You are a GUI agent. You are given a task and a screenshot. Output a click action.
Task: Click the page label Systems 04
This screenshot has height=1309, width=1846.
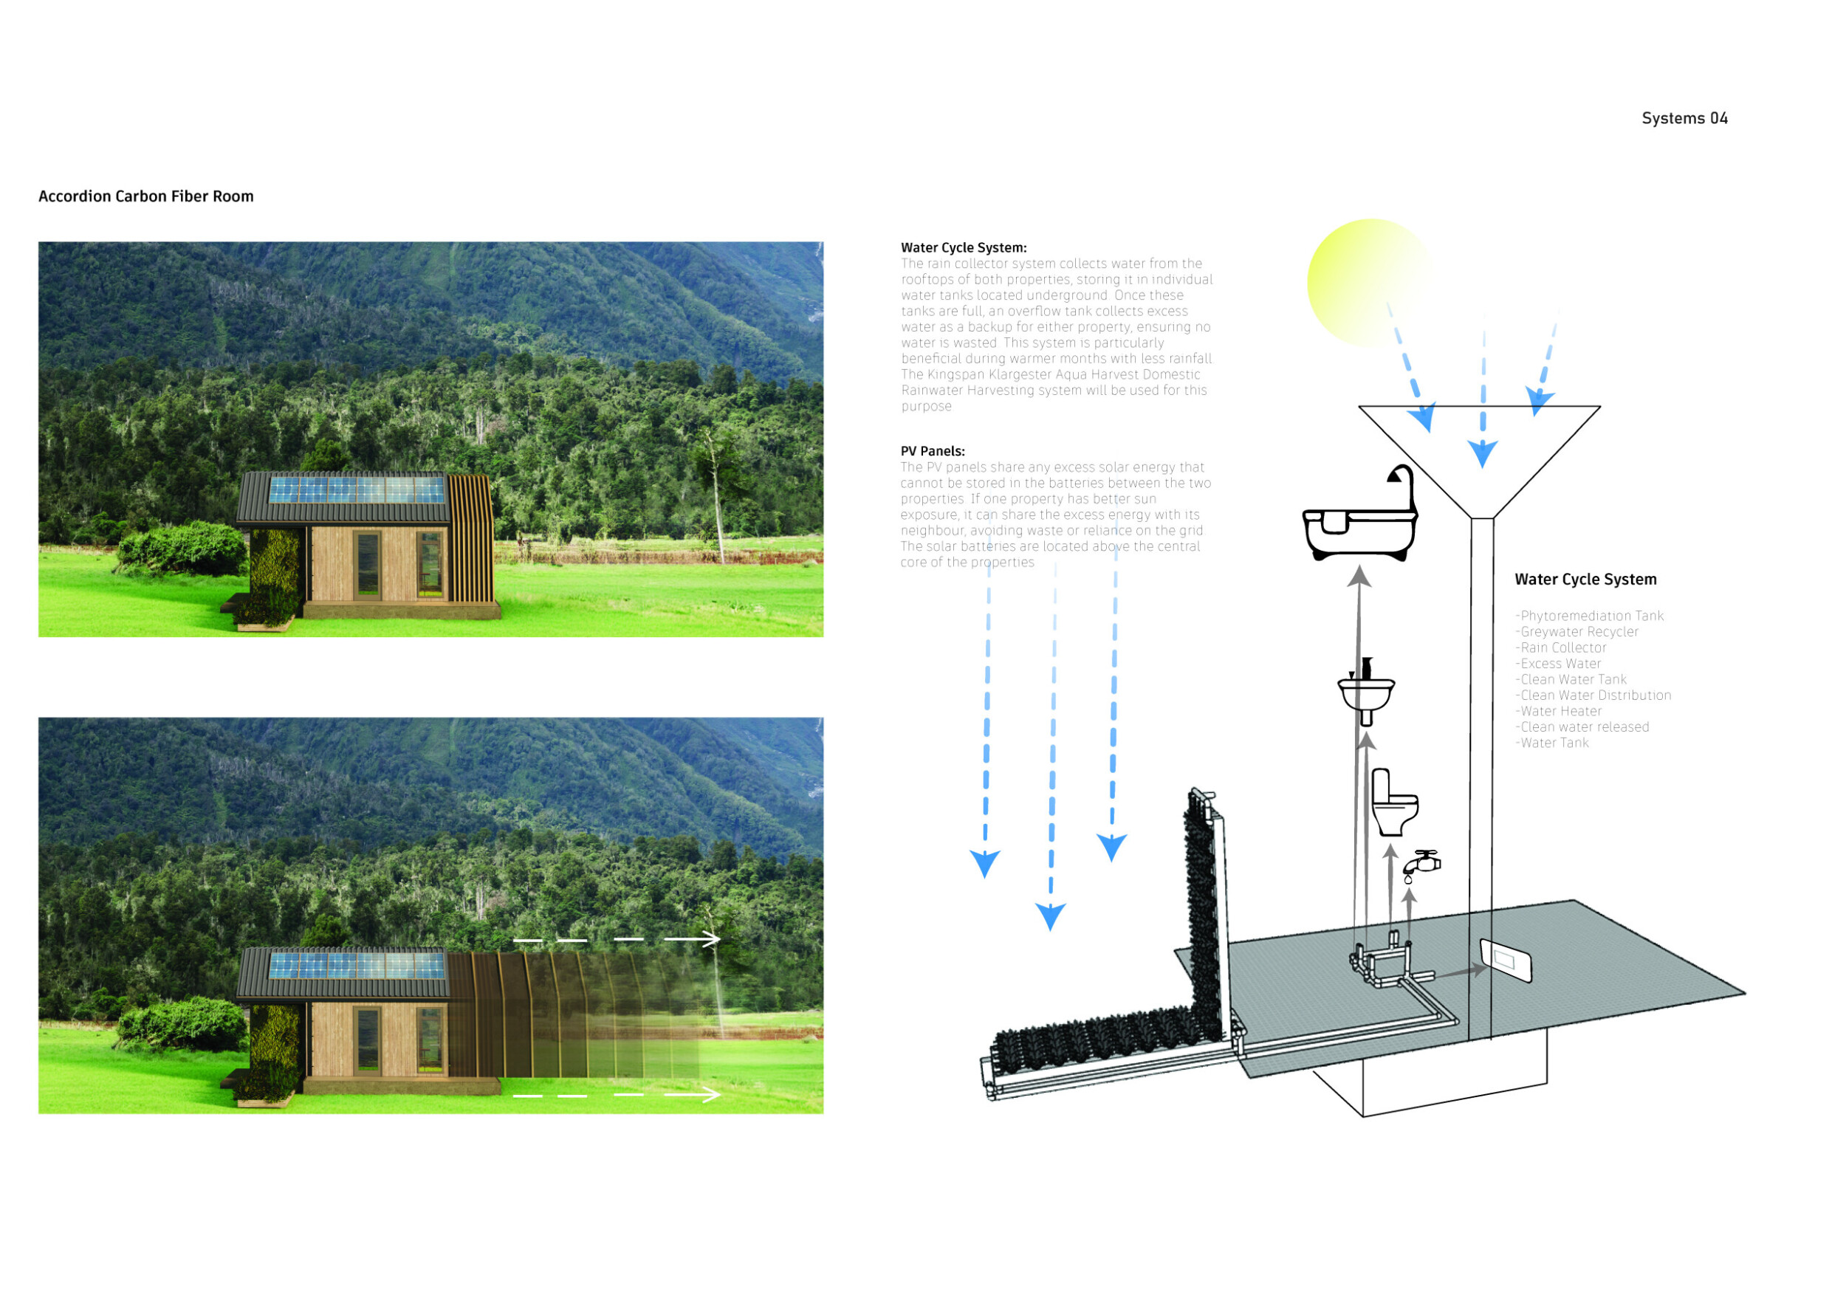pyautogui.click(x=1684, y=118)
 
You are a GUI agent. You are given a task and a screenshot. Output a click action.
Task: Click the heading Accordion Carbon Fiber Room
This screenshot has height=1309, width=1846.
pyautogui.click(x=146, y=196)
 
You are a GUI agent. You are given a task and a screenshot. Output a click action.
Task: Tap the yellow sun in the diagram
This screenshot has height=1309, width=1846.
pyautogui.click(x=1368, y=282)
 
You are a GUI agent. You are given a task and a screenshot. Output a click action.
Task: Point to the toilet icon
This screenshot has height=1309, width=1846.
pyautogui.click(x=1394, y=802)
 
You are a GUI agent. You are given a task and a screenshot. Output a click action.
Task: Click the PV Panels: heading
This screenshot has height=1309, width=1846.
pyautogui.click(x=933, y=451)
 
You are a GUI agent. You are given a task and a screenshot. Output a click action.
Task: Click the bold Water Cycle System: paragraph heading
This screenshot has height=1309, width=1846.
pyautogui.click(x=964, y=247)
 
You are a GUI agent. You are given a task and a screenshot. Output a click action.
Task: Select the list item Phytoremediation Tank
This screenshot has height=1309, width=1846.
pyautogui.click(x=1589, y=616)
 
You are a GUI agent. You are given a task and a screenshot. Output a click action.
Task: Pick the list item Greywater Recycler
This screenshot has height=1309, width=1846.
pyautogui.click(x=1576, y=632)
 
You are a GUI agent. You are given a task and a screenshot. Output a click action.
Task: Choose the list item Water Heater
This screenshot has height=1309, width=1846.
pyautogui.click(x=1558, y=711)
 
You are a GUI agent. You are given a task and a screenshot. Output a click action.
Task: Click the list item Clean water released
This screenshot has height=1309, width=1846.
pyautogui.click(x=1582, y=727)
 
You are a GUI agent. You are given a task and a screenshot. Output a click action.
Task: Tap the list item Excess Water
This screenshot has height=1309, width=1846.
pyautogui.click(x=1558, y=664)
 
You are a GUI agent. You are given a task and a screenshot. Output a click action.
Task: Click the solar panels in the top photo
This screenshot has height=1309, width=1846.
pyautogui.click(x=357, y=489)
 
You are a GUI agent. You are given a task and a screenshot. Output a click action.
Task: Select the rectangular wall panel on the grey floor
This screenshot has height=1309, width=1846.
pyautogui.click(x=1506, y=961)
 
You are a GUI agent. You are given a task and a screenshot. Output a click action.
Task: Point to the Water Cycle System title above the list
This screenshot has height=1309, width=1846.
pyautogui.click(x=1585, y=580)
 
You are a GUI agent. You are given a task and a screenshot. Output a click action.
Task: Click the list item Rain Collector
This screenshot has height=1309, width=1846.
pyautogui.click(x=1561, y=648)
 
